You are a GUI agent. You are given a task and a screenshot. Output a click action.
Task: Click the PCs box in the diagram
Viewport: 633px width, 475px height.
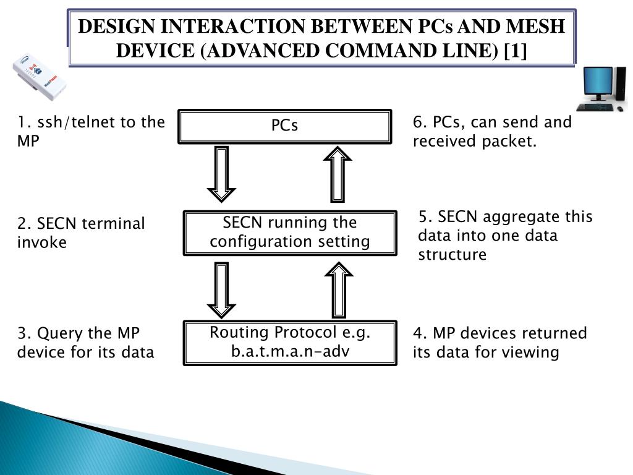(284, 126)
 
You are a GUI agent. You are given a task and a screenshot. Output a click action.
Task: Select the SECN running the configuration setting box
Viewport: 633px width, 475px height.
(289, 232)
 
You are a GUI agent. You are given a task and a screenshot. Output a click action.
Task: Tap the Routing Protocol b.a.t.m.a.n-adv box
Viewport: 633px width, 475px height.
(289, 342)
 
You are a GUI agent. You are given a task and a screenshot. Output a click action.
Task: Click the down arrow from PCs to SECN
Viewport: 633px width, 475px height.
(221, 173)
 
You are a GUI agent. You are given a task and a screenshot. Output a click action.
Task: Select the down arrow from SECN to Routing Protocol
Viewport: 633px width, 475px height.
(221, 288)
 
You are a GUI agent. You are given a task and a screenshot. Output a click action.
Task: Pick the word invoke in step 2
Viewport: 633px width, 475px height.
(41, 242)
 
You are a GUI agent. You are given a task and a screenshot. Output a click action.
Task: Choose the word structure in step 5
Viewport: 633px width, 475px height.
(452, 255)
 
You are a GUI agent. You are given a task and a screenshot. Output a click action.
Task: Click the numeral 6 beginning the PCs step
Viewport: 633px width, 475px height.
(418, 122)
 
